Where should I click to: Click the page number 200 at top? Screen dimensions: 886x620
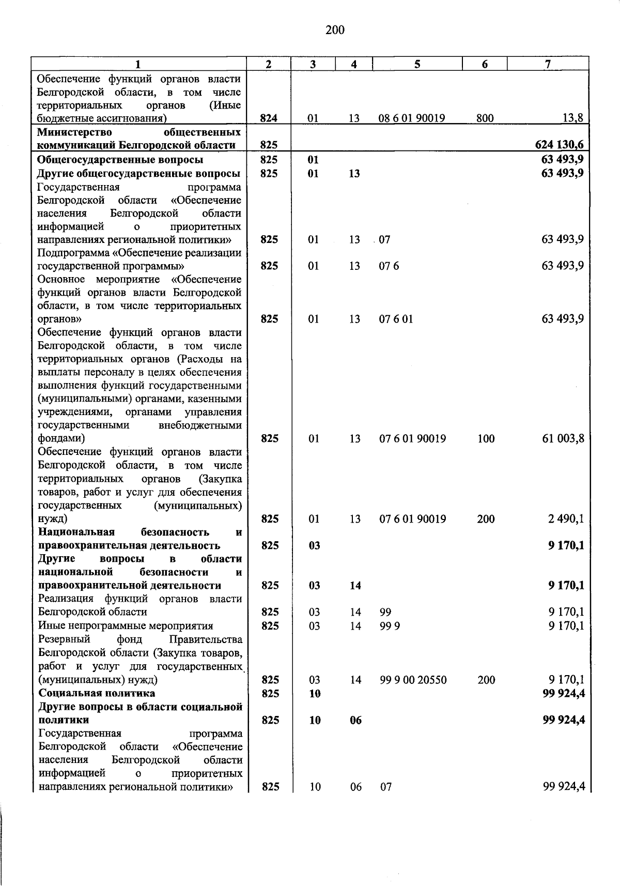tap(335, 30)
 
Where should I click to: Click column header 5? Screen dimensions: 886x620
tap(417, 64)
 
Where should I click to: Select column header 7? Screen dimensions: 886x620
tap(548, 64)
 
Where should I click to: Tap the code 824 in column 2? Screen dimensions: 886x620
tap(269, 118)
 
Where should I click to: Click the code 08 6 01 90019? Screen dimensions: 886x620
tap(412, 118)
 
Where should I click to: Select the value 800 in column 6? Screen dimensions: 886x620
tap(485, 118)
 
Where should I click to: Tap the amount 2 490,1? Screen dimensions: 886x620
tap(566, 519)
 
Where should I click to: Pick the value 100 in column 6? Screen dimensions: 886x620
tap(486, 439)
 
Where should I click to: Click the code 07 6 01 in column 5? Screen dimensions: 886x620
tap(396, 319)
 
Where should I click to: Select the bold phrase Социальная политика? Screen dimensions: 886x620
tap(97, 693)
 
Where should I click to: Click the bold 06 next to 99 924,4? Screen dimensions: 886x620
tap(355, 720)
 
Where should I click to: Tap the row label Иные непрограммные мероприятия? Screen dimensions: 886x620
tap(126, 626)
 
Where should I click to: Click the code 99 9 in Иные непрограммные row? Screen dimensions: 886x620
tap(390, 626)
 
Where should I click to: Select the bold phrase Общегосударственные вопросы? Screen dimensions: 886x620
tap(120, 160)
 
